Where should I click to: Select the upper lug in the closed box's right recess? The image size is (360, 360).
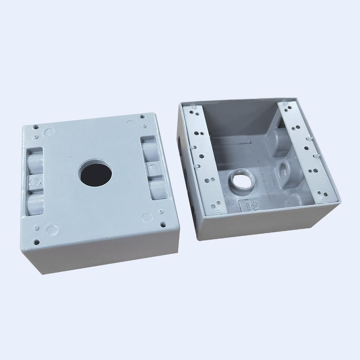point(148,148)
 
